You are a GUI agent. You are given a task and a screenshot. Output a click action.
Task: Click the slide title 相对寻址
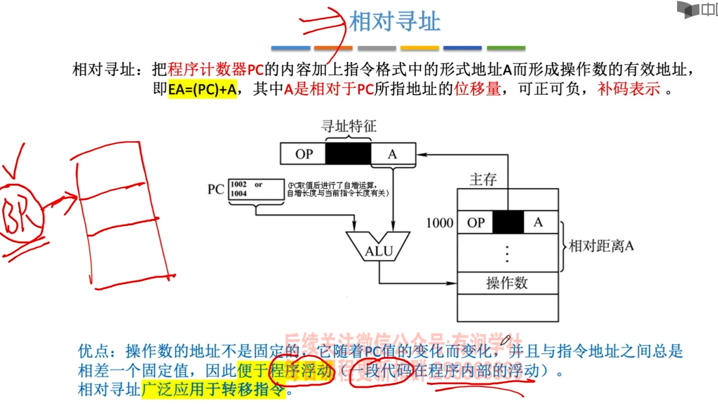394,21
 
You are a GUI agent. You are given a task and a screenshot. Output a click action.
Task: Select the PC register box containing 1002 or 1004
256,189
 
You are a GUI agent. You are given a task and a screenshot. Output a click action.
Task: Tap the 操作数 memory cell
507,283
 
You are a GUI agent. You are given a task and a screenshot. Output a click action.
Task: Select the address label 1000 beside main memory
440,223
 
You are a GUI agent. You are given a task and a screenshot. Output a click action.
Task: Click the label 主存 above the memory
483,180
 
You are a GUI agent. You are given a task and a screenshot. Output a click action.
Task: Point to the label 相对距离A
601,246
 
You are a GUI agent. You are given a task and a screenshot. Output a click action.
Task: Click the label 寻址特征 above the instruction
348,126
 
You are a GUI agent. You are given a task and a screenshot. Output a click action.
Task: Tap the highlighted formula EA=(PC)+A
202,89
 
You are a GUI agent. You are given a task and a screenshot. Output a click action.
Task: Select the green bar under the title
506,48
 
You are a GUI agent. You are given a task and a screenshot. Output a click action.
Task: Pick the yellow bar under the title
420,48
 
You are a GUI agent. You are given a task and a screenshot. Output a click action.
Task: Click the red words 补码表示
629,89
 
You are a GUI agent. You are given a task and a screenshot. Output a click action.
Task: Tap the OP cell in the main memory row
476,222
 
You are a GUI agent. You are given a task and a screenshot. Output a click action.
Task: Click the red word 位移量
477,89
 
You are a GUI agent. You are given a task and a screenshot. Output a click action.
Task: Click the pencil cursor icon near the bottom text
505,341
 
